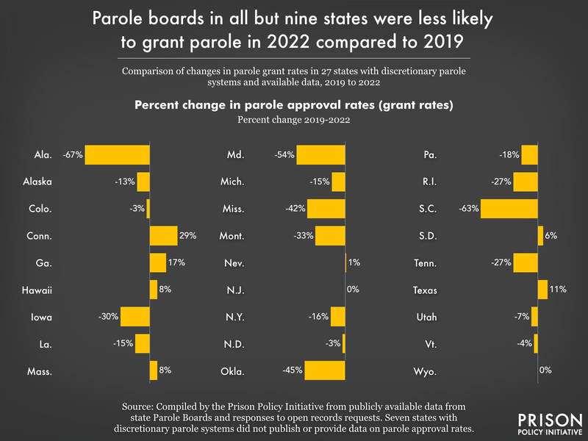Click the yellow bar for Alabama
(118, 155)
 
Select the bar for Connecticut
(163, 236)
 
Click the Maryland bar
(320, 155)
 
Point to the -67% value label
(73, 155)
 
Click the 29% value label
(187, 236)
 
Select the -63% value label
(470, 209)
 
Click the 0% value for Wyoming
(545, 370)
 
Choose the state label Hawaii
(37, 290)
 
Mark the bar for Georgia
(158, 263)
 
